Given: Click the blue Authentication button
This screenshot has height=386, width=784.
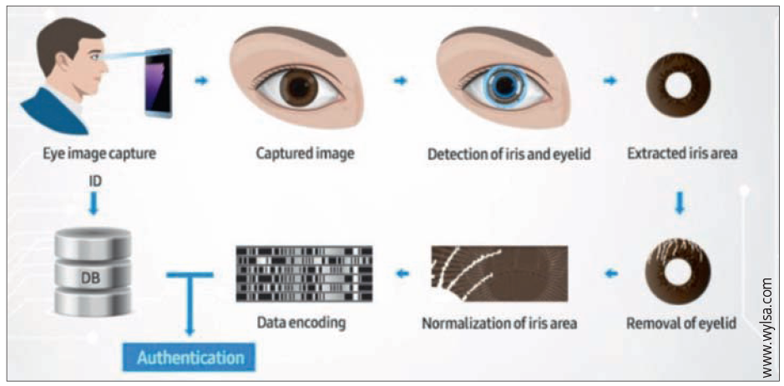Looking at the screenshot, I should coord(190,358).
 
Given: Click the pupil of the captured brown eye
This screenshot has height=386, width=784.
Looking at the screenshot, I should coord(296,88).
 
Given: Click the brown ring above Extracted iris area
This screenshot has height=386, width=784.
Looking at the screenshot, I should coord(680,88).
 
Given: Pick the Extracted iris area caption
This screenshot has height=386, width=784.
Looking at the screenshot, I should coord(680,155).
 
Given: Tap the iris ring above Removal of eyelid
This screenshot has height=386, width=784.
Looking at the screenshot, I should coord(680,271).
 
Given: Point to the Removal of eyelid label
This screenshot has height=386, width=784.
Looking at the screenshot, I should coord(680,322).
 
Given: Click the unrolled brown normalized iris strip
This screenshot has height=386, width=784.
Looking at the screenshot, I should coord(498,273).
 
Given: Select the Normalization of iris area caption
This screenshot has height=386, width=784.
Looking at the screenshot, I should coord(498,322).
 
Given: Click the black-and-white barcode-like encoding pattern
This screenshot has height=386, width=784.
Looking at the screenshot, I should coord(303,273).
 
